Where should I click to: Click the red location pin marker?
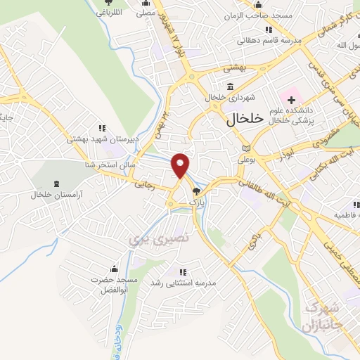(181, 165)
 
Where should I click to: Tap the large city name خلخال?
(245, 120)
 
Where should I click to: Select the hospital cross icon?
(291, 102)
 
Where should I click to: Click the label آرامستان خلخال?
(57, 193)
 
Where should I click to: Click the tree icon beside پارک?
(197, 191)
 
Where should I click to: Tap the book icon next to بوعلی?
(245, 148)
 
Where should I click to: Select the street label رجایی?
(140, 186)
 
